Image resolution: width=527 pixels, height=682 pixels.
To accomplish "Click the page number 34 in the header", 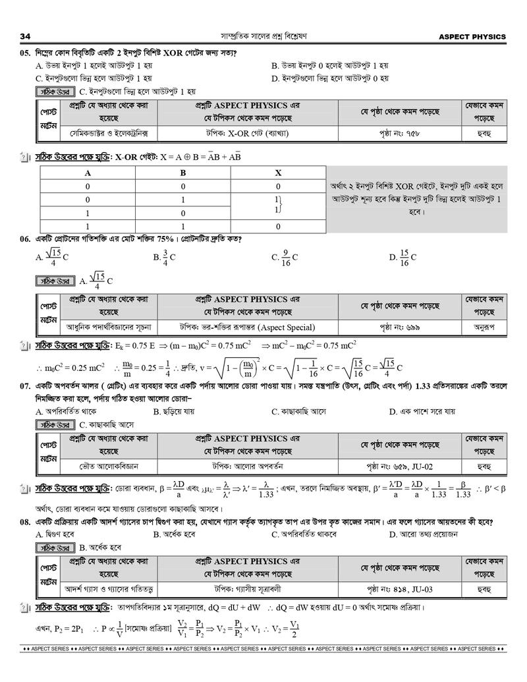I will point(27,36).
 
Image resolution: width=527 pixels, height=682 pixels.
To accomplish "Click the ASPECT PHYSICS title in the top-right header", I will point(472,36).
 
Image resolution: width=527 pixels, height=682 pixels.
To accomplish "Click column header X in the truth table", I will point(278,173).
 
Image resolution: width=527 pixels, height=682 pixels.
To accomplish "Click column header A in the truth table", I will point(87,173).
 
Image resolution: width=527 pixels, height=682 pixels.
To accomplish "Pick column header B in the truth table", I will point(183,173).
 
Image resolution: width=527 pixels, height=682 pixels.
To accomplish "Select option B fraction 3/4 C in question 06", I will point(165,257).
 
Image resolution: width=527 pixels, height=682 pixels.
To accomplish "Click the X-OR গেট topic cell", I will point(248,133).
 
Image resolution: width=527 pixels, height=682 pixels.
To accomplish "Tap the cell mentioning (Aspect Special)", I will point(248,327).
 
